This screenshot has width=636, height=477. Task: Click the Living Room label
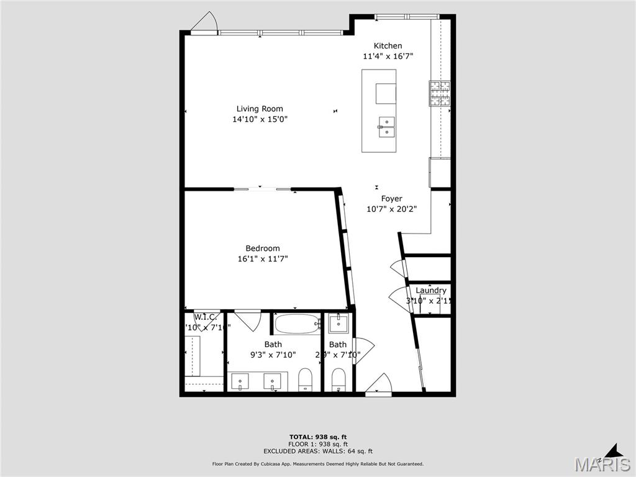260,109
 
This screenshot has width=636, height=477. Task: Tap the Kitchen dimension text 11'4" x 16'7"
388,56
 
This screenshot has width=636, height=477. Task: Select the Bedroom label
262,248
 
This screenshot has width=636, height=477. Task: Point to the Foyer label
391,199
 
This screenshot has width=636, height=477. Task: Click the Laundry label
430,291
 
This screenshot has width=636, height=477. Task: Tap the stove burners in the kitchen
440,94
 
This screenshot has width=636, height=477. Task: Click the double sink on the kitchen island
386,126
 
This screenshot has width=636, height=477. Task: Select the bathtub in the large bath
296,324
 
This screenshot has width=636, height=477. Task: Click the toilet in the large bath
305,379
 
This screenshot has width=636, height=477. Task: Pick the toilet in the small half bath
338,379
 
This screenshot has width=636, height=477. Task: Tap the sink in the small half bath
338,323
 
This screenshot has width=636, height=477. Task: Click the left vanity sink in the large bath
240,379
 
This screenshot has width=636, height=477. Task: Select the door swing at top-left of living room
204,22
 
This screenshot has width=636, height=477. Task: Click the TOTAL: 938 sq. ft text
317,437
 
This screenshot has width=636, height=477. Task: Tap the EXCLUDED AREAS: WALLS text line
317,452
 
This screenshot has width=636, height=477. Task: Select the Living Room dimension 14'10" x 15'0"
260,119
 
